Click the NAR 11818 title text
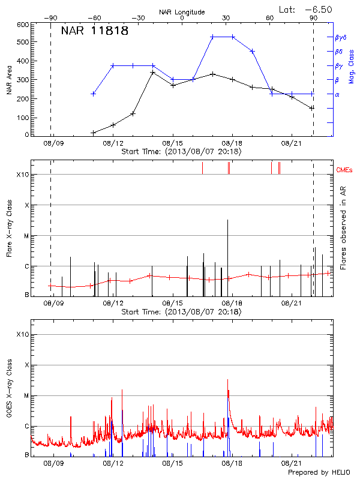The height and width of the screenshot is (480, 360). (x=94, y=31)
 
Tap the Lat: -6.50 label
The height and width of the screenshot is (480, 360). (x=305, y=10)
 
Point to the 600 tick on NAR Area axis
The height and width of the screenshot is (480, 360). (x=23, y=25)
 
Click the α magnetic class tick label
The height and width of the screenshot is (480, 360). (x=337, y=94)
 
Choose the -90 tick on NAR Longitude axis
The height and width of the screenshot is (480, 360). (x=50, y=19)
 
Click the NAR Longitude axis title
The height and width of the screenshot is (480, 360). (x=182, y=12)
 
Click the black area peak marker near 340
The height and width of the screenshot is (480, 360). (x=153, y=73)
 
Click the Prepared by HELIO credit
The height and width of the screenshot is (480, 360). (x=319, y=472)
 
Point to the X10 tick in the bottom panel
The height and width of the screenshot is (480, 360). (x=23, y=334)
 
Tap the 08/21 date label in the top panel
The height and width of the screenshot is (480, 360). (x=292, y=144)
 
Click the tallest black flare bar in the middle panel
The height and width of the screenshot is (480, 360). (x=227, y=252)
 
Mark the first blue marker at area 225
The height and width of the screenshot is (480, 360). (x=93, y=94)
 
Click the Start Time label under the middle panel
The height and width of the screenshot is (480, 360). (x=181, y=312)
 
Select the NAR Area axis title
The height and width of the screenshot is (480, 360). (x=9, y=80)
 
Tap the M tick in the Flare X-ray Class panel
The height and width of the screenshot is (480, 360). (x=26, y=236)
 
